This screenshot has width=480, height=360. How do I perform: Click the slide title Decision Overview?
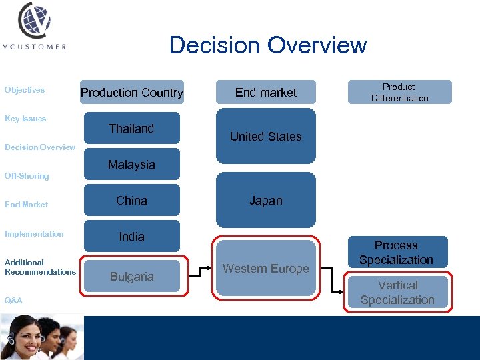pyautogui.click(x=268, y=45)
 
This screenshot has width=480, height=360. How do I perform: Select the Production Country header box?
pyautogui.click(x=131, y=93)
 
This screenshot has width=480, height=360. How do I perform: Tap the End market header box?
pyautogui.click(x=266, y=93)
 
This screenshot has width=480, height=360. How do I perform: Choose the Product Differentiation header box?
pyautogui.click(x=399, y=93)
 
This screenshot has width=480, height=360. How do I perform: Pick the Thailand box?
pyautogui.click(x=131, y=129)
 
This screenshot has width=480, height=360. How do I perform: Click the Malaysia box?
pyautogui.click(x=131, y=165)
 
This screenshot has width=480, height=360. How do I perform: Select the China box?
pyautogui.click(x=131, y=201)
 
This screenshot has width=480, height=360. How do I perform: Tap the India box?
pyautogui.click(x=131, y=237)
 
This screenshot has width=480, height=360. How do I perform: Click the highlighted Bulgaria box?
pyautogui.click(x=131, y=276)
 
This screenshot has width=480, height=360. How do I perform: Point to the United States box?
pyautogui.click(x=266, y=136)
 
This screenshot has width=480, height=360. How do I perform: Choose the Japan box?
pyautogui.click(x=266, y=201)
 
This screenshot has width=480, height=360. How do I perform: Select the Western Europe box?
pyautogui.click(x=266, y=269)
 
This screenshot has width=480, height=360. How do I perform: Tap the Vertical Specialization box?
pyautogui.click(x=398, y=293)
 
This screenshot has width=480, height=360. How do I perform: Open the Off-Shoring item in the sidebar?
pyautogui.click(x=27, y=176)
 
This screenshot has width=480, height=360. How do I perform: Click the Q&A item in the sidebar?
pyautogui.click(x=13, y=301)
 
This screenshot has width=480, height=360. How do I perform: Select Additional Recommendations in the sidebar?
pyautogui.click(x=40, y=267)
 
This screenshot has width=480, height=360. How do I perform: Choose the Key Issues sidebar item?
pyautogui.click(x=25, y=119)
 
